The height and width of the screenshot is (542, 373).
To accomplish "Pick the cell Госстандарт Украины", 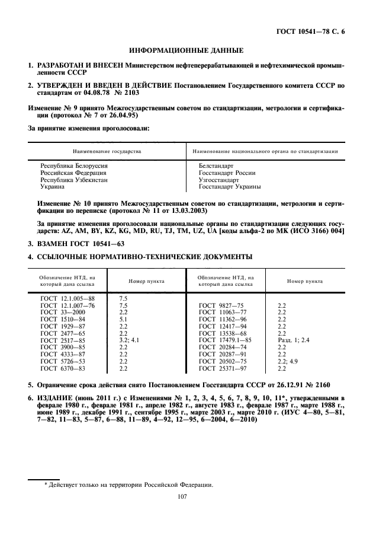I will [x=230, y=186].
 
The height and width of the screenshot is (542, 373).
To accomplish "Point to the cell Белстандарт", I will [x=216, y=166].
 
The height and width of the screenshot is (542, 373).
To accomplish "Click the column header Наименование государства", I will [x=107, y=151].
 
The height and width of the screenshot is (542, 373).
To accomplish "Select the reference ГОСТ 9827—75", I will [x=221, y=304].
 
